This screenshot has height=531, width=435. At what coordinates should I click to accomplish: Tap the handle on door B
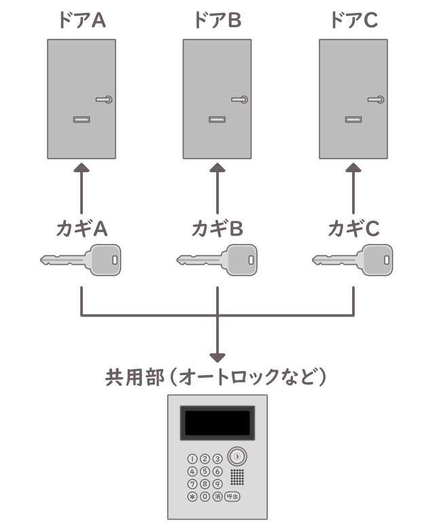[x=240, y=99]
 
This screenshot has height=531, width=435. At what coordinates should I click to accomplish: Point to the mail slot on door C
[x=352, y=120]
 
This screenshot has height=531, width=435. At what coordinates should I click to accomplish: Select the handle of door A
[x=104, y=99]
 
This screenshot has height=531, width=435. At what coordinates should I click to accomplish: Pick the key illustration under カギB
[x=217, y=260]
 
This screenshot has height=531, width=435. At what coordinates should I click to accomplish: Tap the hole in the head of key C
[x=387, y=259]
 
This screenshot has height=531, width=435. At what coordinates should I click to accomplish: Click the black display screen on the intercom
[x=217, y=423]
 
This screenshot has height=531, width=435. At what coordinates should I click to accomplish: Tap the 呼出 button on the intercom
[x=232, y=496]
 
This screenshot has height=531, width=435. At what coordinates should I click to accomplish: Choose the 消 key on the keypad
[x=217, y=496]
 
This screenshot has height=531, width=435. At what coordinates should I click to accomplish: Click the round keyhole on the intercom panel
[x=237, y=457]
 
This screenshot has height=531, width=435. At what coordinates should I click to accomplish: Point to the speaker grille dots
[x=237, y=476]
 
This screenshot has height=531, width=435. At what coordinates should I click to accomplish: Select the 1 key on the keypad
[x=192, y=459]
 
